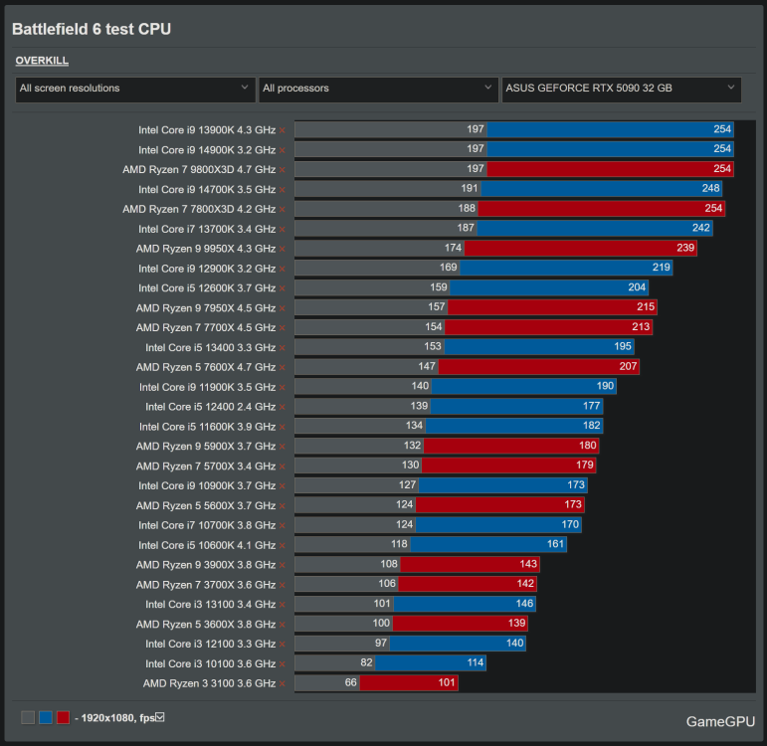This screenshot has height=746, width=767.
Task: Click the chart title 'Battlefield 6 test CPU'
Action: click(92, 30)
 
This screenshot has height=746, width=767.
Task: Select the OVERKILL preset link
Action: click(42, 61)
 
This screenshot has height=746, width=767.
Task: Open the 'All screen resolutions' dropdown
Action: click(135, 89)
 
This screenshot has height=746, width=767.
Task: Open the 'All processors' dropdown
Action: click(378, 89)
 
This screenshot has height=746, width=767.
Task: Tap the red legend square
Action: click(63, 717)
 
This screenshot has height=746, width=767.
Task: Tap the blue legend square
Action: click(45, 717)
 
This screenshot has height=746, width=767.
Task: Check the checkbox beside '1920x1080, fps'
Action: click(159, 717)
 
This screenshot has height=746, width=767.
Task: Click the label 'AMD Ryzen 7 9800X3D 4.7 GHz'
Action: click(199, 169)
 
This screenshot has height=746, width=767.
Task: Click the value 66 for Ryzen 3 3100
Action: click(350, 683)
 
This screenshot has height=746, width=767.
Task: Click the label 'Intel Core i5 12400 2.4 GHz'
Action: click(210, 407)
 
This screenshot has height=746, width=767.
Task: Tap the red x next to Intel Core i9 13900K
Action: click(283, 130)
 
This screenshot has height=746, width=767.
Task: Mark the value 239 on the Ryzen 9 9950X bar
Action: click(683, 249)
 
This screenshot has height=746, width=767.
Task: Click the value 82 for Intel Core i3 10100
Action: click(366, 663)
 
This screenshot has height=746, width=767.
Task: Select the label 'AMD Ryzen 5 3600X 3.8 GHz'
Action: click(206, 624)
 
